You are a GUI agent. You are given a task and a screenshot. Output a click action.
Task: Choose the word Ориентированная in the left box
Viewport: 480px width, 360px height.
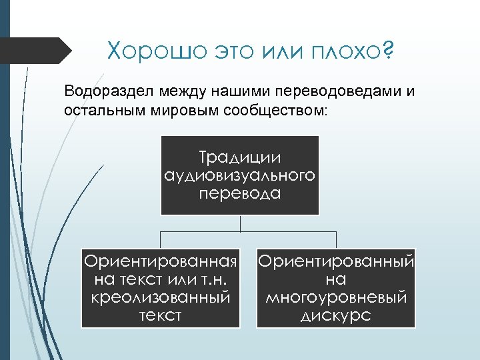[161, 261]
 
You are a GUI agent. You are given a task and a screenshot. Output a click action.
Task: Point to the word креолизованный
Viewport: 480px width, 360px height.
[161, 297]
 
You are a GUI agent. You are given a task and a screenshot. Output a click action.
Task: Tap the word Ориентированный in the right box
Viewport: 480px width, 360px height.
[336, 261]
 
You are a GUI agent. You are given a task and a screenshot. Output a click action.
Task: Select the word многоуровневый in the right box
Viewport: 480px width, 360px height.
[336, 297]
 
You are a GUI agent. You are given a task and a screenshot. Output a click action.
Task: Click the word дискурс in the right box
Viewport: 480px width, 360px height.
[336, 315]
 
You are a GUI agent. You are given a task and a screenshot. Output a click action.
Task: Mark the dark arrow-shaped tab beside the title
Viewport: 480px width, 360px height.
[37, 51]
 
